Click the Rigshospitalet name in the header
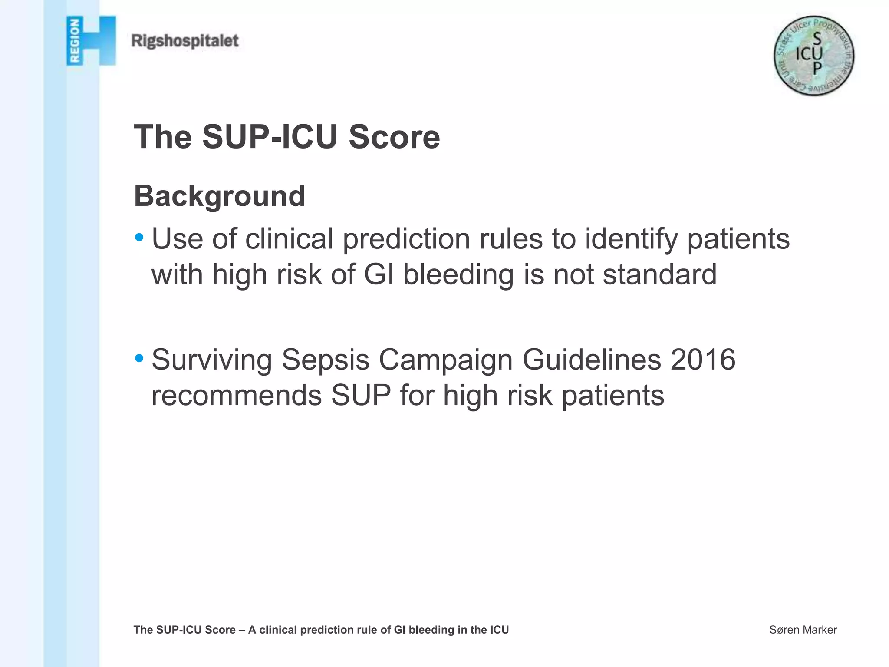(x=185, y=41)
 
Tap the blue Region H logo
(x=92, y=41)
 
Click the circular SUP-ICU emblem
(x=813, y=56)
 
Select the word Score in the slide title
(x=394, y=137)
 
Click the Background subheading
(x=220, y=196)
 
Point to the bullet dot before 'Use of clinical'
(x=139, y=238)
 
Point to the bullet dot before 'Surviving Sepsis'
(x=139, y=359)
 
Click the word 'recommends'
(x=237, y=395)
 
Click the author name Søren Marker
(x=803, y=630)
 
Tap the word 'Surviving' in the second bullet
(x=212, y=360)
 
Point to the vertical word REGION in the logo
(x=75, y=41)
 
